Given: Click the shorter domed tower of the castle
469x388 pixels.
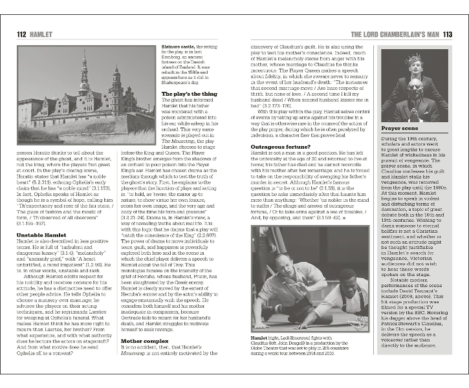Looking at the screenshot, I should point(116,84).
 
